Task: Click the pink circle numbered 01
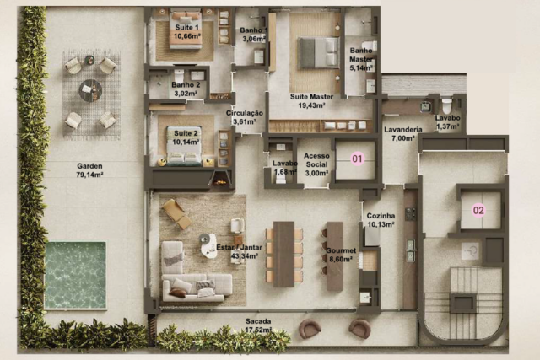click(357, 159)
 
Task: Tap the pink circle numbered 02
click(478, 210)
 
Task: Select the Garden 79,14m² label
click(90, 170)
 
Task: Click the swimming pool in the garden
click(75, 276)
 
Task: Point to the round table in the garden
click(90, 90)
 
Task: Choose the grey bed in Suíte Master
click(319, 52)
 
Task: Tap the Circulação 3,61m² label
click(245, 117)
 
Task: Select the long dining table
click(283, 254)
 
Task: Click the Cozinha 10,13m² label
click(381, 220)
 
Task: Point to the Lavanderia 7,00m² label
click(403, 134)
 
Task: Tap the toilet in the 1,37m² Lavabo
click(446, 106)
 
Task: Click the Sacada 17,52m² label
click(258, 325)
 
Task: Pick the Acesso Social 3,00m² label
click(316, 164)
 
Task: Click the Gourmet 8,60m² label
click(341, 255)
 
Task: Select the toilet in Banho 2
click(179, 76)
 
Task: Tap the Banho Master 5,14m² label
click(361, 59)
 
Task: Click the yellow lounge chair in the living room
click(177, 214)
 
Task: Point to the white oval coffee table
click(210, 245)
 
